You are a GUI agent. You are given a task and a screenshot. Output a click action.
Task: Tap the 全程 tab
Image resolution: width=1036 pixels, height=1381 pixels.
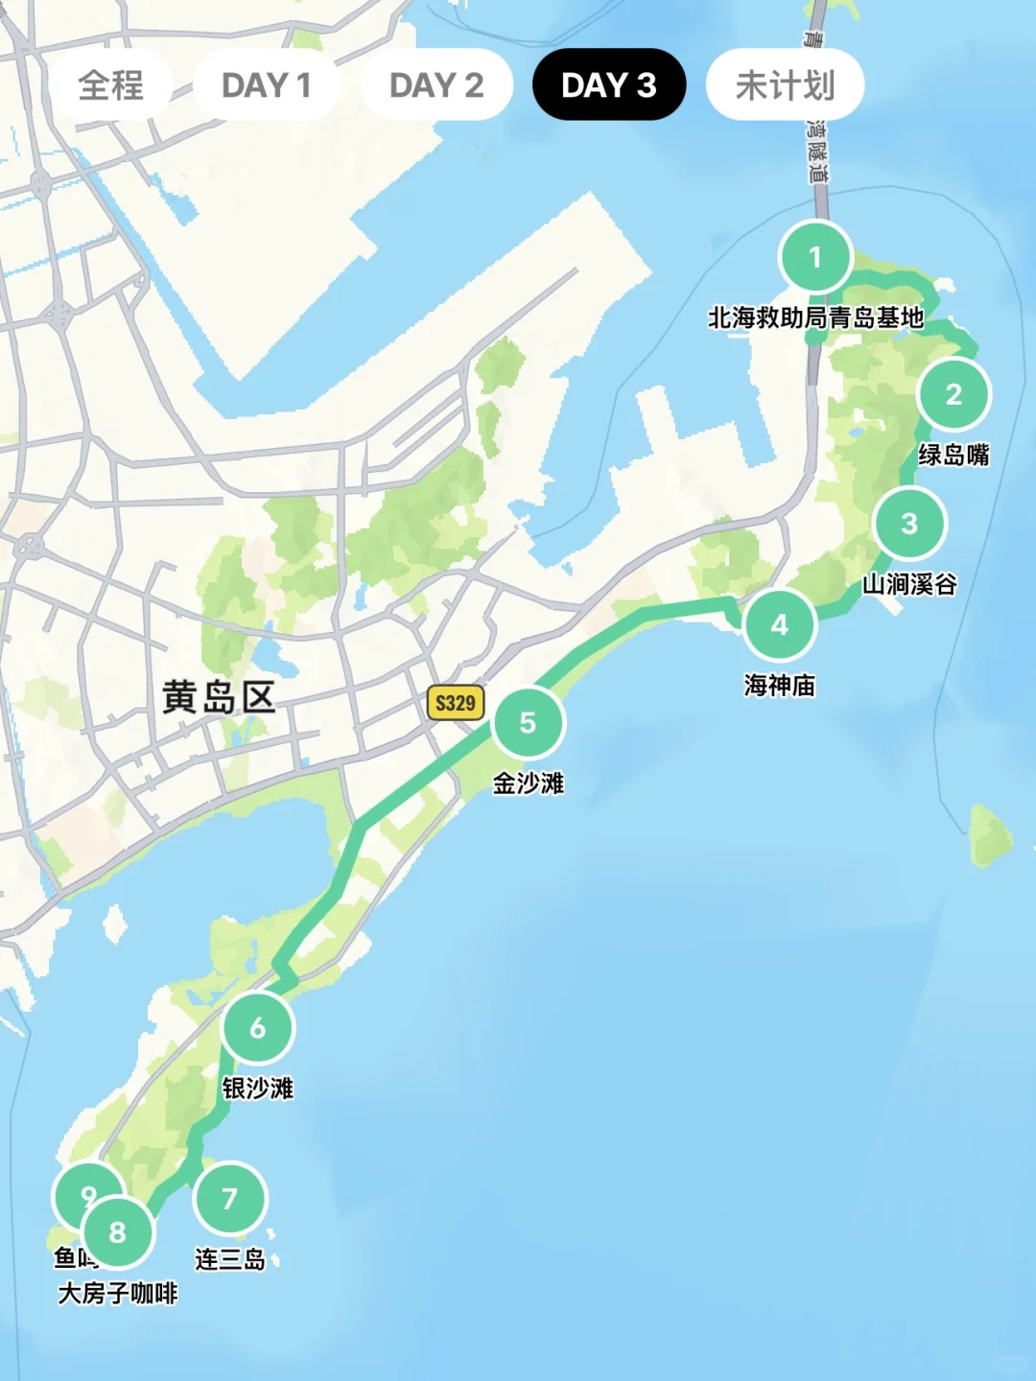[x=110, y=85]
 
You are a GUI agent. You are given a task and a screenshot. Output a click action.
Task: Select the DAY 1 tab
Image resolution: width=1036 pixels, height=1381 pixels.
[x=266, y=85]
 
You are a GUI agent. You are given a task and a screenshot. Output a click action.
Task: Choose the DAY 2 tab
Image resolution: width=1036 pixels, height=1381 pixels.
[x=436, y=85]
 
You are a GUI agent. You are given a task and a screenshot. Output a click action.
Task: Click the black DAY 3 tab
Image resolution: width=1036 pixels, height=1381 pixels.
[x=609, y=85]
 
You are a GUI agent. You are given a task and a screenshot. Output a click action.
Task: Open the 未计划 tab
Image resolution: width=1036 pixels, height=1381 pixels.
[x=785, y=85]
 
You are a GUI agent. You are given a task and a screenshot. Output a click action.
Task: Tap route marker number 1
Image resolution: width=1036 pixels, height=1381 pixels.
[x=815, y=257]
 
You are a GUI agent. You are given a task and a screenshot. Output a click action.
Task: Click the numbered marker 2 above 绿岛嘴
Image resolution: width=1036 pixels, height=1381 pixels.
[x=954, y=394]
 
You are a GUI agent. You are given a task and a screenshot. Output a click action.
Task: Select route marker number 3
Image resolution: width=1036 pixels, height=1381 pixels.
[x=909, y=524]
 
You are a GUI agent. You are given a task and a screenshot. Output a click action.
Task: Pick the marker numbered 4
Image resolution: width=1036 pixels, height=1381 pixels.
[x=779, y=625]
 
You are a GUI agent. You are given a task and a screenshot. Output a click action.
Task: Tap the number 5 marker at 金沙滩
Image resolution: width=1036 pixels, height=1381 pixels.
[x=528, y=723]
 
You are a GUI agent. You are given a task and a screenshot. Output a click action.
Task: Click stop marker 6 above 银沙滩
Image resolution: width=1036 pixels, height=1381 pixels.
[x=258, y=1028]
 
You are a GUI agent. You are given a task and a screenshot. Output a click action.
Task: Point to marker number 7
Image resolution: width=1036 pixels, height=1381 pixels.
[x=229, y=1199]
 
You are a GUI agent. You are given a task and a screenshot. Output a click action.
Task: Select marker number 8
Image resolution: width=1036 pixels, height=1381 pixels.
[x=118, y=1232]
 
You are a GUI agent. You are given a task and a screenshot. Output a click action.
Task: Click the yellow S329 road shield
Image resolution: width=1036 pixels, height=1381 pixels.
[x=455, y=703]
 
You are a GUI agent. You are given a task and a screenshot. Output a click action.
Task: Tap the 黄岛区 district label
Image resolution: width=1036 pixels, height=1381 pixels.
[x=219, y=697]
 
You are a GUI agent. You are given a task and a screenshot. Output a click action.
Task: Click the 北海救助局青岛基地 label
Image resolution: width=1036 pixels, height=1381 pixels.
[x=815, y=317]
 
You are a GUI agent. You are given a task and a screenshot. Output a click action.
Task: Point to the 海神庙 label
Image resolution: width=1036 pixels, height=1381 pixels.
[x=779, y=685]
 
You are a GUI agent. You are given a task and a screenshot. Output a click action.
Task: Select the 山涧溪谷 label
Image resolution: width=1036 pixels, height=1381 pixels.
[x=909, y=584]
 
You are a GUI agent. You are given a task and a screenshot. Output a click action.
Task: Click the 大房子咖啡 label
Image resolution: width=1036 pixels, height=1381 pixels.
[x=118, y=1294]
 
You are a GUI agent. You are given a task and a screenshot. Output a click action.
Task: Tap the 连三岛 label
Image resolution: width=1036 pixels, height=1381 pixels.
[x=229, y=1259]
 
